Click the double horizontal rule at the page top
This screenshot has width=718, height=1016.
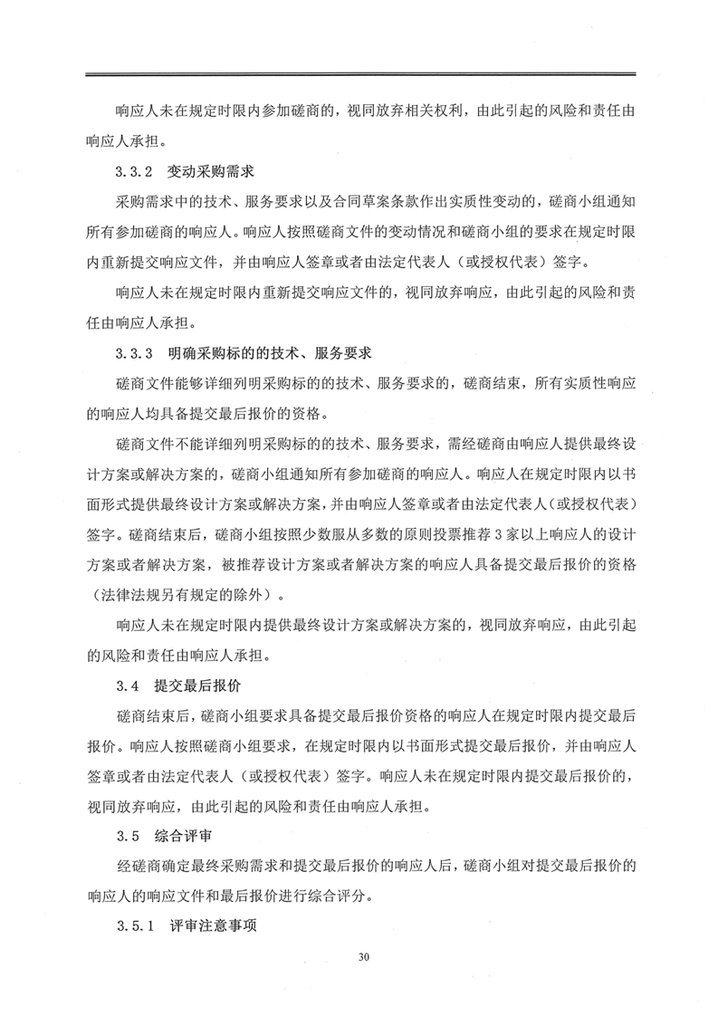[359, 74]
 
